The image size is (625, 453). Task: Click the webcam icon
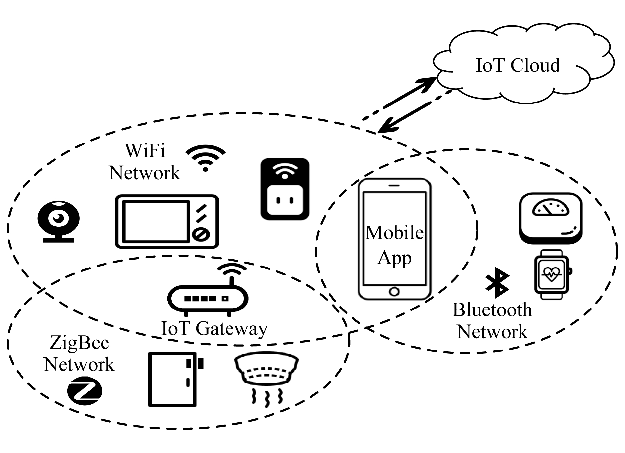(59, 221)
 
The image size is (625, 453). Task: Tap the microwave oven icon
(167, 221)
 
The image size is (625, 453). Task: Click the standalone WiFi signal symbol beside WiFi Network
(205, 158)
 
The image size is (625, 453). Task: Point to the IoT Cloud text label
(518, 65)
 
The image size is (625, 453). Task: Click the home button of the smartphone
(394, 292)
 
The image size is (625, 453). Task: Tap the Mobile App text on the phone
(394, 245)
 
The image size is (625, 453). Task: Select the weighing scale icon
(551, 218)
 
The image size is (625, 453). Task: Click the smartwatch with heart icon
(552, 274)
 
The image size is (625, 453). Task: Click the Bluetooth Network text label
(492, 321)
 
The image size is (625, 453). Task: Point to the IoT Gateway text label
(214, 329)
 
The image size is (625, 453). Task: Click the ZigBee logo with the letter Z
(85, 392)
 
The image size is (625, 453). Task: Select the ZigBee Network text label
(79, 353)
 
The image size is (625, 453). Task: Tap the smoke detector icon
(266, 377)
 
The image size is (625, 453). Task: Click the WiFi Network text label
(145, 162)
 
